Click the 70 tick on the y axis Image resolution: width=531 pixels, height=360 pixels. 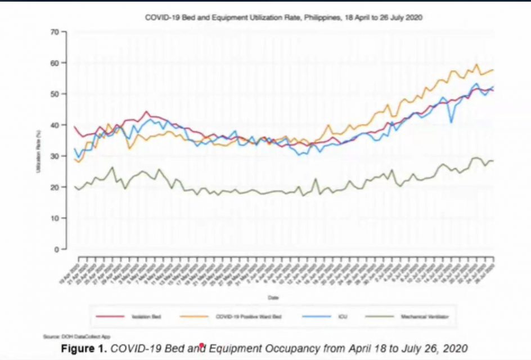[55, 31]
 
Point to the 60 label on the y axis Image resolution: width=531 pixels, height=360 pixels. [55, 62]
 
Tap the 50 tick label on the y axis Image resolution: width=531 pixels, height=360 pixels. [55, 93]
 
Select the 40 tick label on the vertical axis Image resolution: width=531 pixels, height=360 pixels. [55, 125]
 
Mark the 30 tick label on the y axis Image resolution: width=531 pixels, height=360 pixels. [55, 156]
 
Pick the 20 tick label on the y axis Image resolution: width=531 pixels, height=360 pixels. [55, 187]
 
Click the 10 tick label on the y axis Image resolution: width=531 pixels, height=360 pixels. [55, 218]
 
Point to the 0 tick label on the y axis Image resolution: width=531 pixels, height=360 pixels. [57, 249]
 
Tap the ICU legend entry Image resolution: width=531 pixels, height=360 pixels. [343, 317]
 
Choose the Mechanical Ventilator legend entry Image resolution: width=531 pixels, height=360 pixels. [421, 317]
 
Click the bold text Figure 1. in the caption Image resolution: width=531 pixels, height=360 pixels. [84, 348]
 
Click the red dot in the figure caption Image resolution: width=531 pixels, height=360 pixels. [201, 345]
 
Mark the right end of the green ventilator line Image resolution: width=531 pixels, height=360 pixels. [493, 161]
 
